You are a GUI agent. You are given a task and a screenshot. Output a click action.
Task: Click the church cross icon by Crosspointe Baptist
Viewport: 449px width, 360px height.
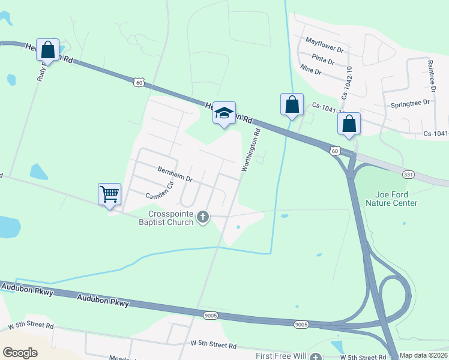tap(203, 217)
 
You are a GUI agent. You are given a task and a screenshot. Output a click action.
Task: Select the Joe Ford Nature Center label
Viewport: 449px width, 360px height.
tap(396, 199)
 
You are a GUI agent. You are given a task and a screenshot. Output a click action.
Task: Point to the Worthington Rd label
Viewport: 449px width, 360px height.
tap(252, 151)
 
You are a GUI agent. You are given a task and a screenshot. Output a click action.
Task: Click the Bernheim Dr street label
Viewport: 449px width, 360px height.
tap(175, 174)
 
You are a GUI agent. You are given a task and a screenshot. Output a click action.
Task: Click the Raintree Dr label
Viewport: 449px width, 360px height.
tap(430, 76)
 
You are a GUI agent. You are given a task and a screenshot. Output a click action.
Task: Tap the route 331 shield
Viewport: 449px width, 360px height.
tap(409, 174)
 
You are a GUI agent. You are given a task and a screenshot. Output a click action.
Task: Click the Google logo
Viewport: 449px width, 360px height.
tap(20, 353)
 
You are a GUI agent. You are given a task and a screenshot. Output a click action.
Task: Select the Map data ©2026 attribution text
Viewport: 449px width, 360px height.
tap(424, 355)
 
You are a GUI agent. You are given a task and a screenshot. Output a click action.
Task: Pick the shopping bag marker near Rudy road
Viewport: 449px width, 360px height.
tap(48, 49)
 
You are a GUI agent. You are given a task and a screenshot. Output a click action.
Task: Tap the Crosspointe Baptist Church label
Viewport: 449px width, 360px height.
tap(172, 218)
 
